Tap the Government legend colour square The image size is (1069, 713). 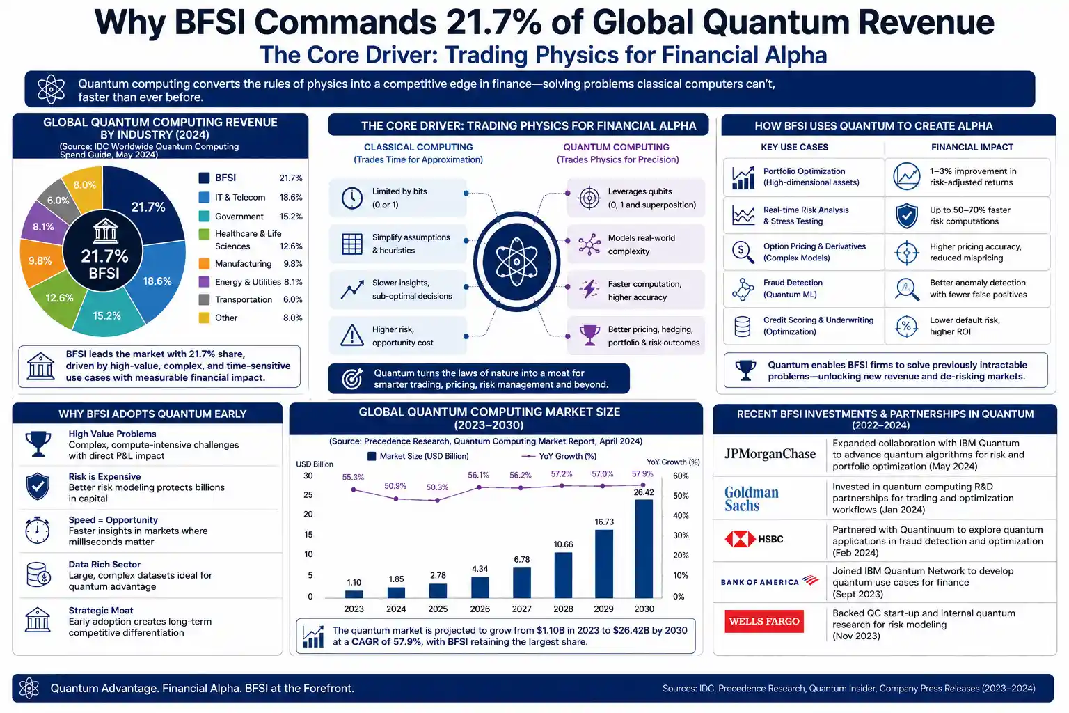204,217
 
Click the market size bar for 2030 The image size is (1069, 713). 644,549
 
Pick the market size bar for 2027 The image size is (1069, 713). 521,583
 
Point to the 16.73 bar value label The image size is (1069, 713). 604,522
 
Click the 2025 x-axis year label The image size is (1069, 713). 438,609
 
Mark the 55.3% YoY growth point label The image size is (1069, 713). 353,477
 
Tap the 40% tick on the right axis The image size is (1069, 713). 681,516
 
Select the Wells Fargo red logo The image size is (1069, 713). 764,621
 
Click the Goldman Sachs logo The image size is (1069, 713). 752,499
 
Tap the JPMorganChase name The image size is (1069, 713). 770,454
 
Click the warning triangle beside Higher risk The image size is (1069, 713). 352,335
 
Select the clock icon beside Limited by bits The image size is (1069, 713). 352,198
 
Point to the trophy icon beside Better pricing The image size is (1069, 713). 589,335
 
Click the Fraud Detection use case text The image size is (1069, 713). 793,288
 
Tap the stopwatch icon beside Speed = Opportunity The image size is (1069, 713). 37,530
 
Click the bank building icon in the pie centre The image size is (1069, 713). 105,231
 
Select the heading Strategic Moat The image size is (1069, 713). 101,611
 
